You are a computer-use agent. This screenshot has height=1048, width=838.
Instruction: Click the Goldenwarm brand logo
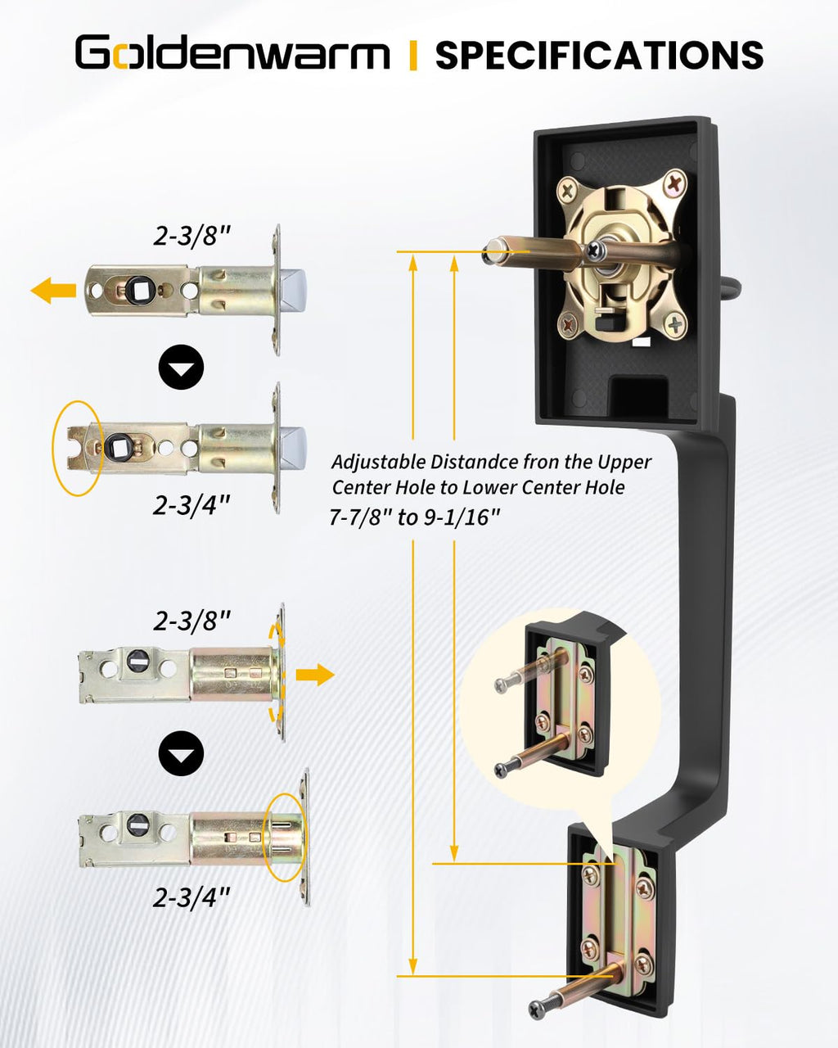pyautogui.click(x=232, y=52)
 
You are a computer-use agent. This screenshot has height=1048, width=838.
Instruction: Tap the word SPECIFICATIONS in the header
pyautogui.click(x=599, y=53)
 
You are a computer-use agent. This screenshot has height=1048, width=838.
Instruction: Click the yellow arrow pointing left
pyautogui.click(x=53, y=290)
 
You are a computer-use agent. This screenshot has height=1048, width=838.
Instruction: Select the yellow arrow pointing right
pyautogui.click(x=316, y=675)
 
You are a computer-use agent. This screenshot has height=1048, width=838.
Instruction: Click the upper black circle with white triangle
pyautogui.click(x=181, y=367)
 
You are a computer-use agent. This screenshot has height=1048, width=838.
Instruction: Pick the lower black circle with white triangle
pyautogui.click(x=181, y=753)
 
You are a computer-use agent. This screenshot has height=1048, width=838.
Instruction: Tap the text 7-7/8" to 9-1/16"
pyautogui.click(x=414, y=517)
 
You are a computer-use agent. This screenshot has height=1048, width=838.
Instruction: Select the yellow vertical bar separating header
pyautogui.click(x=413, y=55)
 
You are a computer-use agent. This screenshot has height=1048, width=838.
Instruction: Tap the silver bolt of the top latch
pyautogui.click(x=293, y=290)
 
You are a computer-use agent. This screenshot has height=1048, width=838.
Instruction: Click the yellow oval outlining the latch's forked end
pyautogui.click(x=78, y=449)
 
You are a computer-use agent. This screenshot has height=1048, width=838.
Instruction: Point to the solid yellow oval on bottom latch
pyautogui.click(x=286, y=838)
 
